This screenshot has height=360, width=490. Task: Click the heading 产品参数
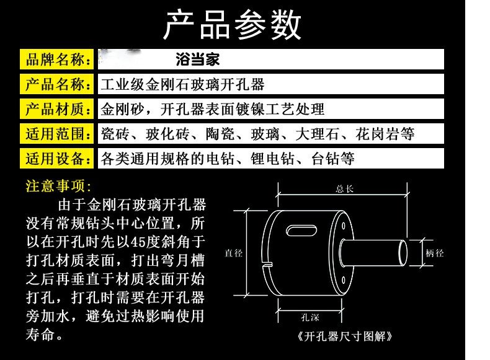(233, 25)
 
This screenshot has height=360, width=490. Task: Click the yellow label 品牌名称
(57, 60)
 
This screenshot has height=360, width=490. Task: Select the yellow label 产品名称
(57, 84)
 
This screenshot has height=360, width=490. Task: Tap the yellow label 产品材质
(57, 109)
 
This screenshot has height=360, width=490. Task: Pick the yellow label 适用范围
(57, 134)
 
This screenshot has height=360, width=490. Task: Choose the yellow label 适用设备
(57, 159)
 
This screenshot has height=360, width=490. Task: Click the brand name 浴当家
(197, 60)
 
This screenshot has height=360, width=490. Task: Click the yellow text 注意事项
(58, 186)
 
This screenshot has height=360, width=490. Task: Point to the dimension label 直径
(234, 253)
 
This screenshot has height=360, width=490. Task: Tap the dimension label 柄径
(435, 253)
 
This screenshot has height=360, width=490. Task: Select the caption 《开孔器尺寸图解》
(345, 337)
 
